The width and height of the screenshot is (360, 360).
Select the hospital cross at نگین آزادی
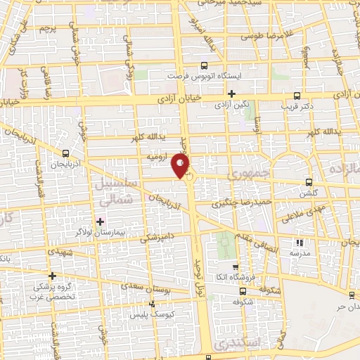231,93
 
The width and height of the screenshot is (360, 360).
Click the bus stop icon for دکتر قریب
297,96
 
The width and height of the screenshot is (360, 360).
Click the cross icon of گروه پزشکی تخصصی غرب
52,276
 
